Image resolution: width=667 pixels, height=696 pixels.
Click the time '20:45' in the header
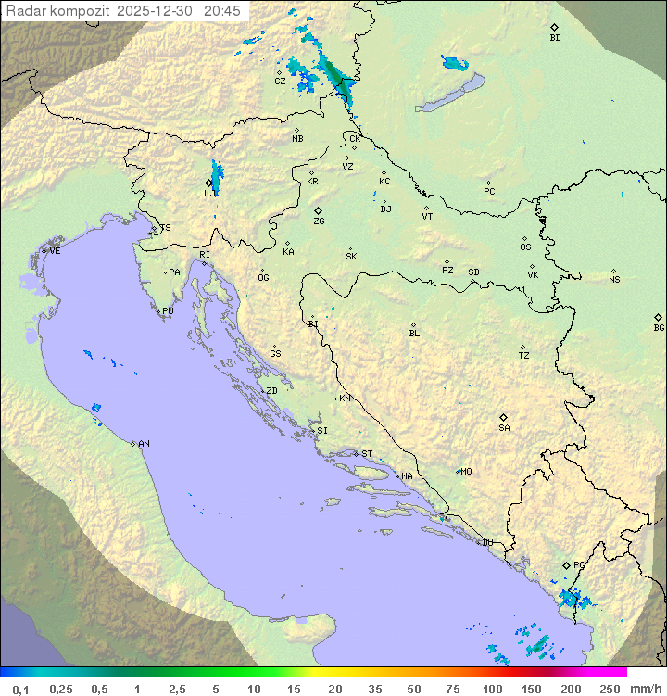click(222, 11)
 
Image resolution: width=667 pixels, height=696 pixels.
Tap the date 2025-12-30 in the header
click(158, 11)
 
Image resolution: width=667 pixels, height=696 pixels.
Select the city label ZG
click(319, 221)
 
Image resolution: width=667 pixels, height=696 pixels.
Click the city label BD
click(555, 38)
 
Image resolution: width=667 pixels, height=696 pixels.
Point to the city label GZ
click(280, 81)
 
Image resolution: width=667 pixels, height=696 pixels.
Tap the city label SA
click(504, 427)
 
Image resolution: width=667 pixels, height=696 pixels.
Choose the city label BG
click(659, 327)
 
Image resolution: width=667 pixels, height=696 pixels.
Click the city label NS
click(614, 279)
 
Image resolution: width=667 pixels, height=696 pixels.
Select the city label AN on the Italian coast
click(144, 444)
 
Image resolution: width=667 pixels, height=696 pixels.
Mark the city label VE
click(55, 251)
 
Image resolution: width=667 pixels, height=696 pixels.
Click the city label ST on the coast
click(367, 454)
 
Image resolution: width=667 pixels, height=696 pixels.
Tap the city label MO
click(466, 471)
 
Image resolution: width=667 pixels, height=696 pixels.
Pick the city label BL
click(414, 333)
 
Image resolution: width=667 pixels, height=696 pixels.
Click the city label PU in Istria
click(168, 311)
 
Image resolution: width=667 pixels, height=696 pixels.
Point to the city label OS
click(525, 247)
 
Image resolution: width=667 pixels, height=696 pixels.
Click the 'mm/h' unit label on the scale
click(645, 689)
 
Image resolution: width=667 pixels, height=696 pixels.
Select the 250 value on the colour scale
click(610, 689)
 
